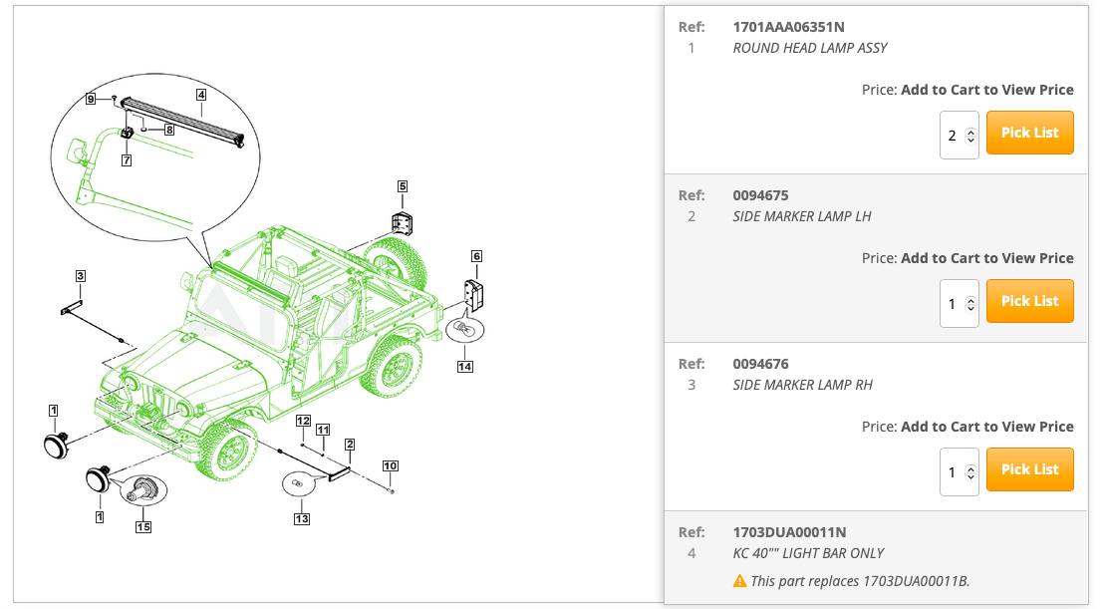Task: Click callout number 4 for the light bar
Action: (x=201, y=96)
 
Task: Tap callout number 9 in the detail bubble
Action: (x=91, y=99)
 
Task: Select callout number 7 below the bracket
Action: (x=127, y=159)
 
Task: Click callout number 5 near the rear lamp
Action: (x=403, y=186)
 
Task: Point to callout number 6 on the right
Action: (x=476, y=256)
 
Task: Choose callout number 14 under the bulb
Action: (x=464, y=367)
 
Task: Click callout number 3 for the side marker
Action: (x=81, y=275)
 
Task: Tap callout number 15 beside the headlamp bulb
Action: (x=143, y=526)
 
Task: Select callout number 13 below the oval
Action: (x=301, y=518)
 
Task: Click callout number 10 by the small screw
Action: (x=391, y=465)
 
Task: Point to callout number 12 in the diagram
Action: (x=303, y=421)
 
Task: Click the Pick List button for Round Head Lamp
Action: (x=1029, y=133)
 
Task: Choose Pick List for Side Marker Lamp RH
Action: (x=1029, y=469)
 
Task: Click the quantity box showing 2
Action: (x=959, y=135)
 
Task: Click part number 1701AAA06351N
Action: (x=788, y=27)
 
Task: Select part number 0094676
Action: (x=760, y=364)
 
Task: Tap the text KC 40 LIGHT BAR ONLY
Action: (x=808, y=553)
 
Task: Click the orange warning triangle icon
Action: (x=739, y=580)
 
